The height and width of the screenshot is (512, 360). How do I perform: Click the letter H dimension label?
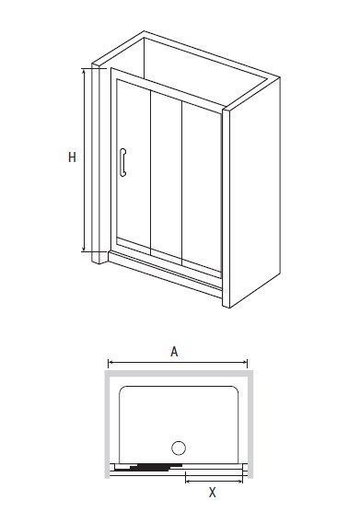click(x=72, y=157)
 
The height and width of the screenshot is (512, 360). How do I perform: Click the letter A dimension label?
click(x=174, y=352)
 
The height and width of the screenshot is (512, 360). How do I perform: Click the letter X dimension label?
click(x=213, y=492)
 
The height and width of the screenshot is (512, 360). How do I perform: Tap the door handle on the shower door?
click(x=122, y=162)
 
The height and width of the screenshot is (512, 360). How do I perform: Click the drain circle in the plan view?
click(x=179, y=448)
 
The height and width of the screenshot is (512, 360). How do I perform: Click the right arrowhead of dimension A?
click(x=245, y=362)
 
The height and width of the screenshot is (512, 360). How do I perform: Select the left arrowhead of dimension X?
click(x=188, y=481)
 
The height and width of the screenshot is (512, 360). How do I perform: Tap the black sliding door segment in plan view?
click(x=149, y=467)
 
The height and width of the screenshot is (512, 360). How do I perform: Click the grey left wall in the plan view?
click(x=107, y=425)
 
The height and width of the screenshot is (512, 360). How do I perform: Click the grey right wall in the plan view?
click(x=250, y=425)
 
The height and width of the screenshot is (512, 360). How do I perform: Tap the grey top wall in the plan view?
click(x=179, y=373)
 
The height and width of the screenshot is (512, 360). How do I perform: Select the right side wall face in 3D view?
click(x=255, y=192)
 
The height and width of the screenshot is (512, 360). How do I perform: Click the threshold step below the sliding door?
click(x=165, y=274)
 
